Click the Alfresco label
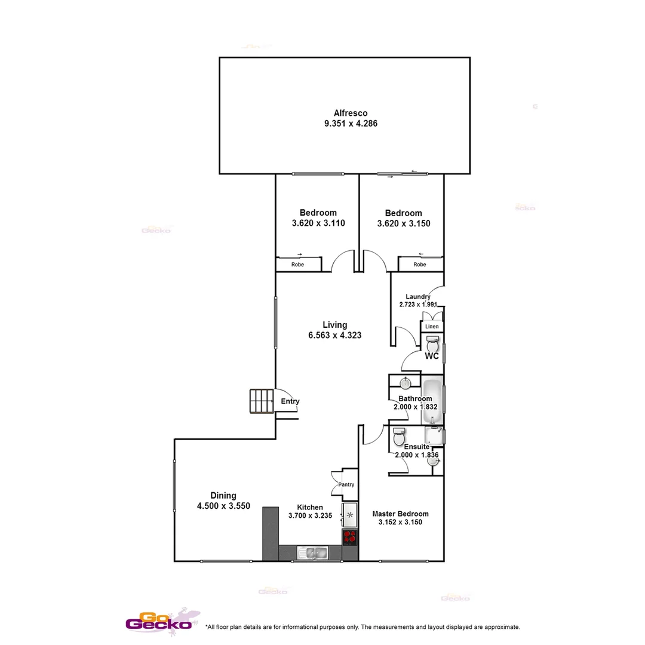[x=350, y=113]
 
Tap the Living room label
[x=334, y=325]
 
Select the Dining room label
[x=223, y=495]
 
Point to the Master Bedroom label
[x=400, y=514]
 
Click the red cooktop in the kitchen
[x=350, y=537]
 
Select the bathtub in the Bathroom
[x=432, y=399]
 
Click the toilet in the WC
[x=432, y=344]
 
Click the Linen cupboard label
[x=432, y=327]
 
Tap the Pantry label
[x=346, y=485]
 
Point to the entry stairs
[x=261, y=401]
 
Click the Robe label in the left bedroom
[x=297, y=265]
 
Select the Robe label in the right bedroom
[x=420, y=265]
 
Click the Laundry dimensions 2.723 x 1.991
[x=418, y=305]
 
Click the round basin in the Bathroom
[x=406, y=383]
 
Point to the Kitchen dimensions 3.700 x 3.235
[x=310, y=515]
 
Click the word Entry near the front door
[x=290, y=401]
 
